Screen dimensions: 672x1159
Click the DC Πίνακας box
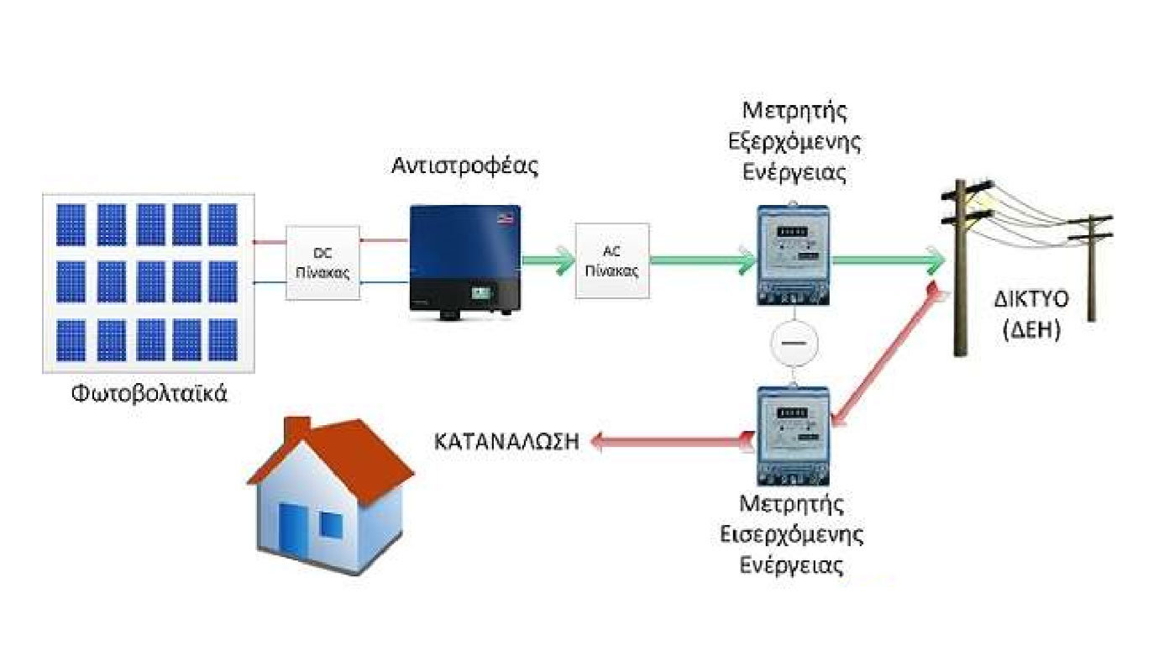click(x=323, y=262)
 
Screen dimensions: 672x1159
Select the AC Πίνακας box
click(x=612, y=260)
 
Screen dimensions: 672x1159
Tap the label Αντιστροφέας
click(x=464, y=165)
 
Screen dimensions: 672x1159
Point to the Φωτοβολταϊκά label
click(x=150, y=393)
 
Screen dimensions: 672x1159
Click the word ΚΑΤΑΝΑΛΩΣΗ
click(x=507, y=442)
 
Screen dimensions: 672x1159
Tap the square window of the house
click(x=331, y=524)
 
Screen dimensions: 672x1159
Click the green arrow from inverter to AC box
click(x=547, y=260)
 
